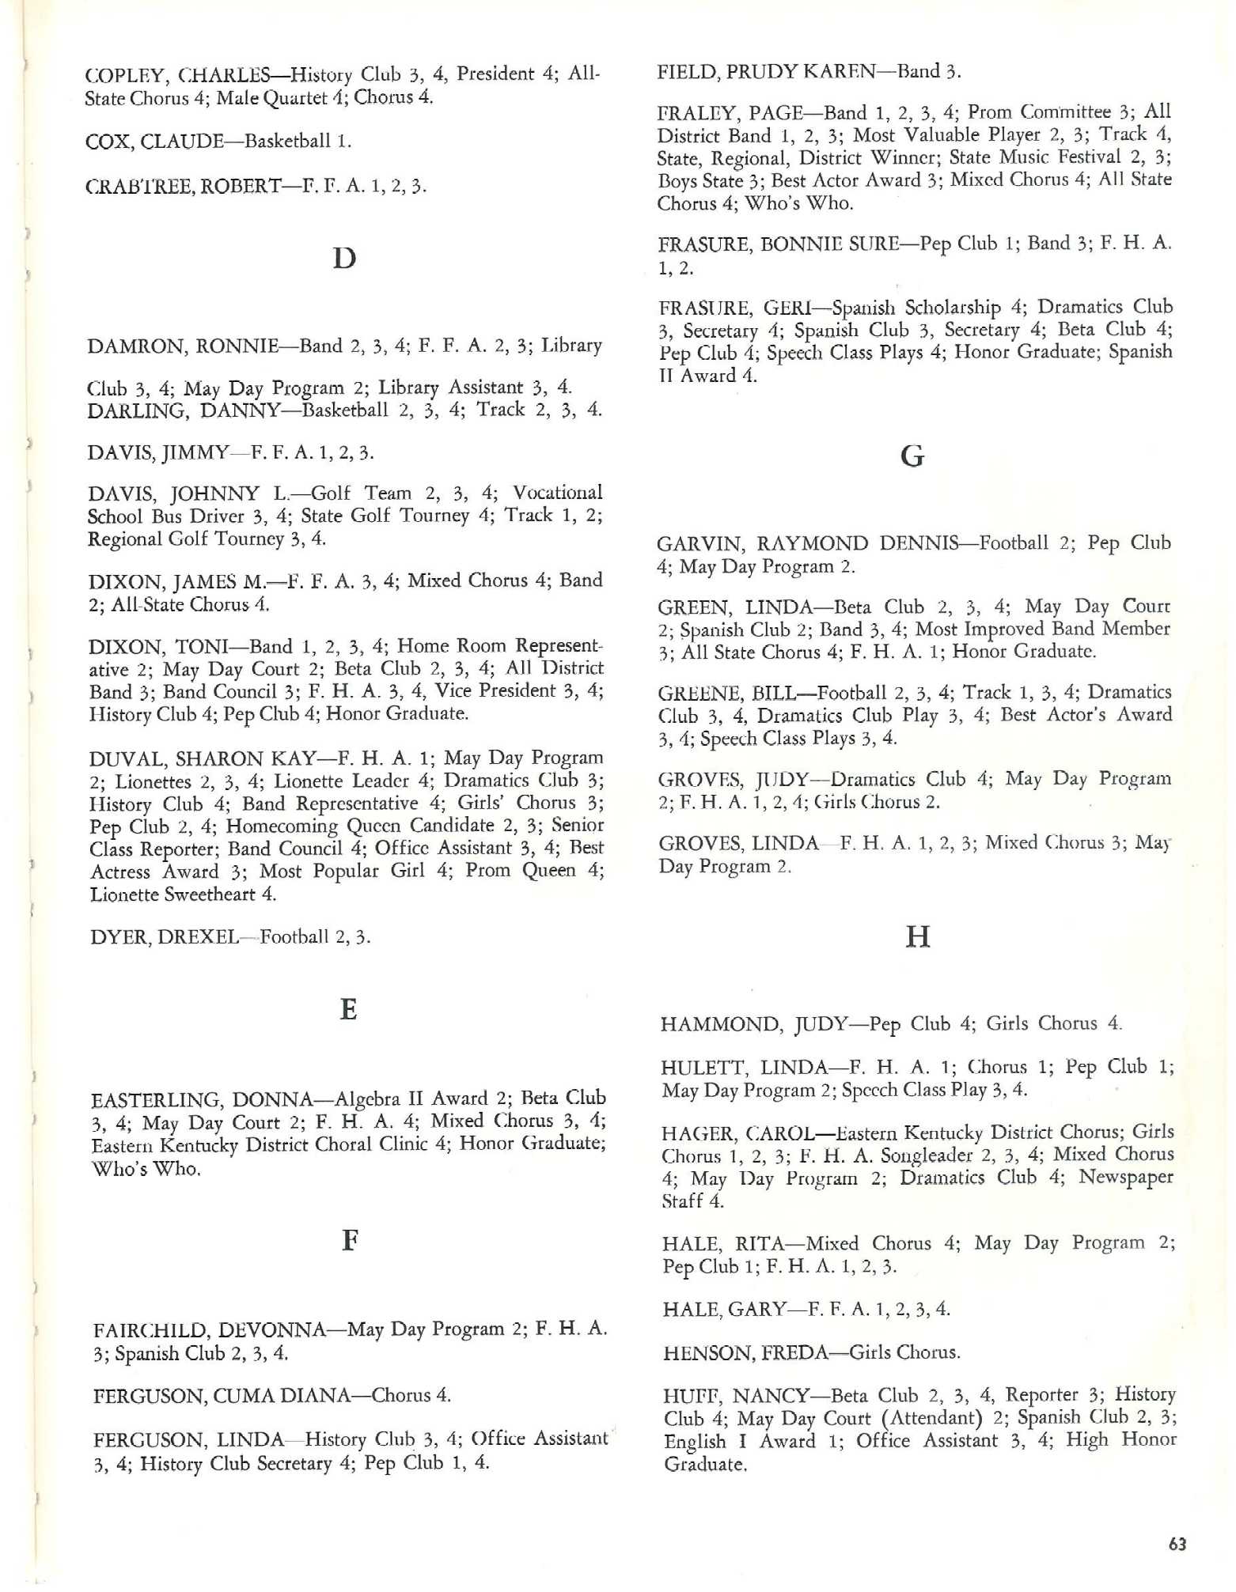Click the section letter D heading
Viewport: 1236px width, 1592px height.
click(x=344, y=259)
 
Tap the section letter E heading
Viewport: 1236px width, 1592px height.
click(x=348, y=1010)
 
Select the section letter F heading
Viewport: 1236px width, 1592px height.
click(x=350, y=1240)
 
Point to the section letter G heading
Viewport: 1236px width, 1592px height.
click(x=912, y=456)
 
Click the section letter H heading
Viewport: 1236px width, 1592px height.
click(x=917, y=937)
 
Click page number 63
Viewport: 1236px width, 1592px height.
click(x=1177, y=1544)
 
